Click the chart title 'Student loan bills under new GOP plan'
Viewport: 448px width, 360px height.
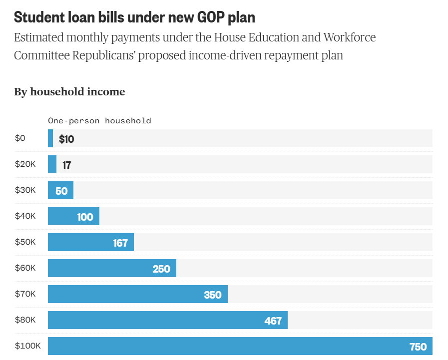click(x=134, y=17)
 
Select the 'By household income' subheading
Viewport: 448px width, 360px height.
click(x=69, y=92)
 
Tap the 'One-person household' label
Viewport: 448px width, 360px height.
click(x=99, y=121)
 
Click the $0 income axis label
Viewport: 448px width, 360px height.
click(x=19, y=138)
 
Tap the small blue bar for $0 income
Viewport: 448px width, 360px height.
click(x=50, y=138)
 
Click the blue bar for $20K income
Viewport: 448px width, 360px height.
click(x=52, y=164)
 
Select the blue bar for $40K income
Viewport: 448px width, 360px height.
click(x=73, y=216)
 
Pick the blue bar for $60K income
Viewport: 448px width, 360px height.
click(x=112, y=268)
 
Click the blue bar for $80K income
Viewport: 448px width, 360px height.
click(x=167, y=320)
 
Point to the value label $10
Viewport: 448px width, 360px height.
click(x=66, y=139)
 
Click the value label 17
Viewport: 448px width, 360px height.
click(x=66, y=165)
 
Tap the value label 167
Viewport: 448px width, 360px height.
click(x=120, y=243)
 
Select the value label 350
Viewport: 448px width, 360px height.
click(x=212, y=295)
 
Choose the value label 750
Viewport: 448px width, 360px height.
click(x=418, y=347)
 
